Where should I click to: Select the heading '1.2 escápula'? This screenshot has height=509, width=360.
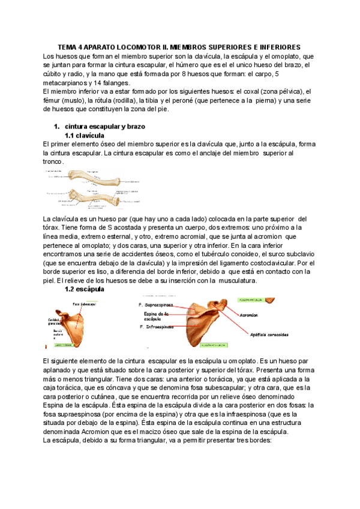tap(85, 289)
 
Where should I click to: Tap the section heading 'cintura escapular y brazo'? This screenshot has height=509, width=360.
tap(104, 127)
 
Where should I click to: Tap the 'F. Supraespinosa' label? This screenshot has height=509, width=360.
tap(158, 305)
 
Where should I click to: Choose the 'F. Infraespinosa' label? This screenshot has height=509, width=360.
tap(157, 327)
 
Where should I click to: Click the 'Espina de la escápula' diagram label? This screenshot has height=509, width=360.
tap(157, 316)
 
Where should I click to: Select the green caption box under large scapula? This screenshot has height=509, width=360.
tap(214, 346)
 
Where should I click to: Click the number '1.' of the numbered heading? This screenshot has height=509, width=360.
tap(56, 127)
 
